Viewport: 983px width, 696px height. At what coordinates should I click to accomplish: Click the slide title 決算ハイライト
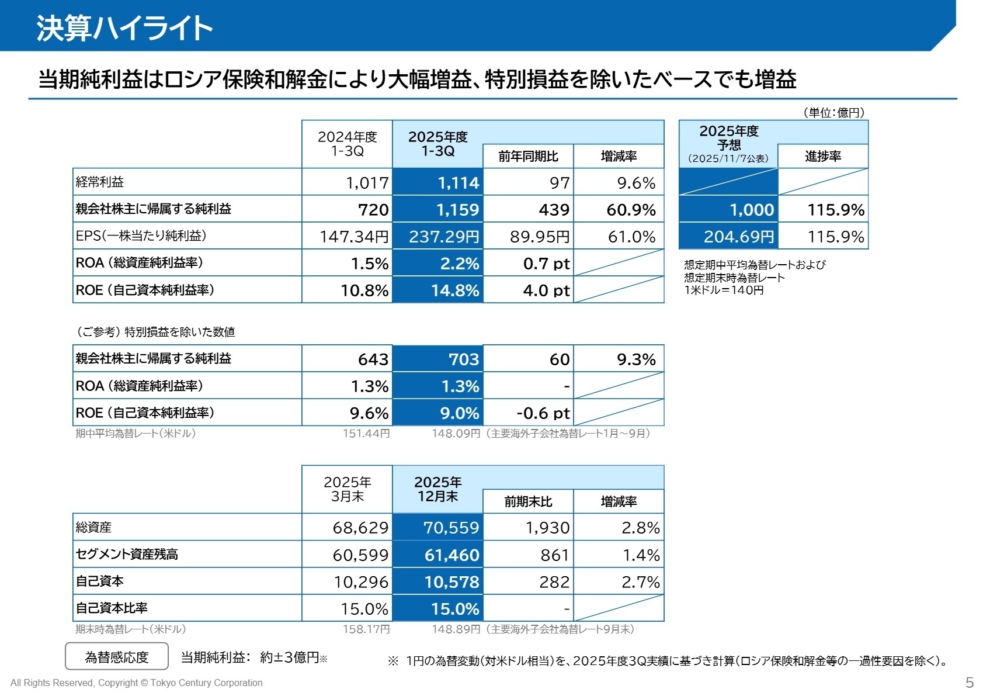[x=124, y=27]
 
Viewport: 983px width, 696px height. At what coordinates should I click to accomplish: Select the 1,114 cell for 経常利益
[x=438, y=183]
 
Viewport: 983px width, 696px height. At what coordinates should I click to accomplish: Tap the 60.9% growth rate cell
[x=619, y=210]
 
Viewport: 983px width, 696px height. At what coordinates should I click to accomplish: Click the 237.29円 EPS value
[x=438, y=237]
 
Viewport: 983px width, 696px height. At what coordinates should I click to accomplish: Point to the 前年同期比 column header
[x=528, y=157]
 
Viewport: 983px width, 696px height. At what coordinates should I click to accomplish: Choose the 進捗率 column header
[x=822, y=157]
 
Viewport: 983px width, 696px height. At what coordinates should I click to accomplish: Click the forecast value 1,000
[x=728, y=210]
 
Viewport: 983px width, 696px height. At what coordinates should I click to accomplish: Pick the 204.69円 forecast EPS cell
[x=728, y=237]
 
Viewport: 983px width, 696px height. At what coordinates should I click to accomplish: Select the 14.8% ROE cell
[x=438, y=290]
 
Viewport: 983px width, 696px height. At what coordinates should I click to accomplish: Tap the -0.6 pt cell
[x=528, y=413]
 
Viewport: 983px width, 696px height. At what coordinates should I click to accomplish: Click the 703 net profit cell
[x=438, y=359]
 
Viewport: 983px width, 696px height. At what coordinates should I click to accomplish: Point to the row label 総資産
[x=93, y=527]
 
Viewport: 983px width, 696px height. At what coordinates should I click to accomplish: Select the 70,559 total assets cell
[x=438, y=528]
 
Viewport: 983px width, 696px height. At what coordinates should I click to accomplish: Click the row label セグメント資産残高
[x=127, y=554]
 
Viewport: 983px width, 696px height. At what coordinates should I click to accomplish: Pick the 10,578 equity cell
[x=438, y=582]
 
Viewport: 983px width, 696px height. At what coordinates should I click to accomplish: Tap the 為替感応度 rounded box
[x=117, y=657]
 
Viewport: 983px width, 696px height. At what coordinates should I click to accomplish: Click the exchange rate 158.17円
[x=366, y=629]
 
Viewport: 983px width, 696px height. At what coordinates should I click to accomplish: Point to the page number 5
[x=970, y=683]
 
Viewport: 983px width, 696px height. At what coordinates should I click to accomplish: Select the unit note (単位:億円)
[x=833, y=113]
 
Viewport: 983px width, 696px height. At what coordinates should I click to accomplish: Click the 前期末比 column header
[x=528, y=502]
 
